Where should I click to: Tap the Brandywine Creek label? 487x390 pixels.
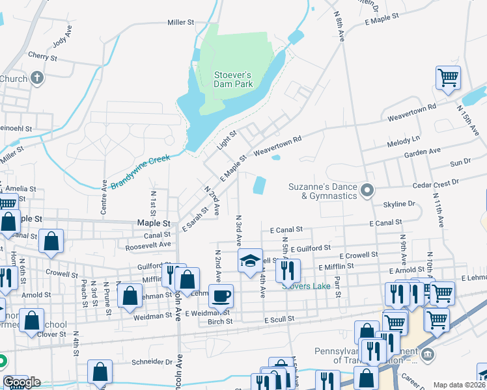139,172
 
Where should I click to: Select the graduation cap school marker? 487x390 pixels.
250,261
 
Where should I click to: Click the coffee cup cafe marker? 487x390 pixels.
221,296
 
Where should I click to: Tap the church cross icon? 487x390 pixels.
37,78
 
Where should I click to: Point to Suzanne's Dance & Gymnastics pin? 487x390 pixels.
367,191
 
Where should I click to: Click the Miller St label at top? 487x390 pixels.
181,22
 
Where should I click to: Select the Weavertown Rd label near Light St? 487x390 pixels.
278,144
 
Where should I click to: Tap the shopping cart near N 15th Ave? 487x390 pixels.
448,78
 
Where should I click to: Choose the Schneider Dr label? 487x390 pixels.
151,361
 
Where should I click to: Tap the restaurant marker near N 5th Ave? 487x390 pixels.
288,270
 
